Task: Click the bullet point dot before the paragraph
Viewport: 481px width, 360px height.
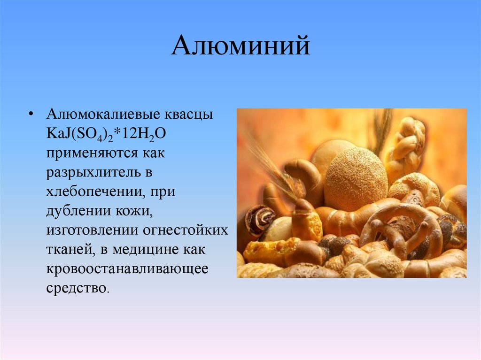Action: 31,115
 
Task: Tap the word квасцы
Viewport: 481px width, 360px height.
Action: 188,115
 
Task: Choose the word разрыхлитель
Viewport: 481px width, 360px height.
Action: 93,173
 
